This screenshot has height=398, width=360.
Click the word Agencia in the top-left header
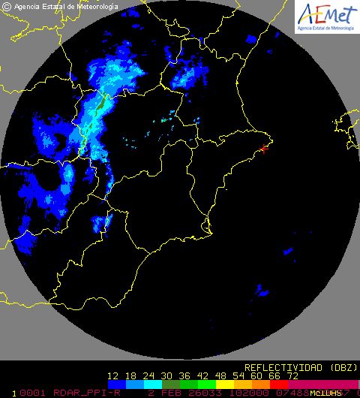tap(28, 7)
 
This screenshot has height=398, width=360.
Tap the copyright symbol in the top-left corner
tap(7, 7)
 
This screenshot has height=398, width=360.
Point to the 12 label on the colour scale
tap(114, 375)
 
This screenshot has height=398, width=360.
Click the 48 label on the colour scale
tap(222, 375)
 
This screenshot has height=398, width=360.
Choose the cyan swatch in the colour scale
tap(151, 384)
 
